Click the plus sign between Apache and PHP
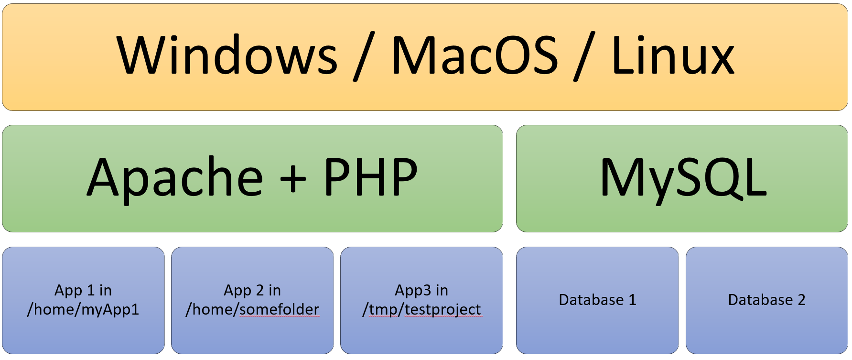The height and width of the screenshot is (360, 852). pyautogui.click(x=293, y=180)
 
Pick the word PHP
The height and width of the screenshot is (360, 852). pyautogui.click(x=371, y=177)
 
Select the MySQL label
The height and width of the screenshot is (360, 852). pyautogui.click(x=683, y=178)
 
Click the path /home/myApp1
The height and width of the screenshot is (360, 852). pyautogui.click(x=83, y=310)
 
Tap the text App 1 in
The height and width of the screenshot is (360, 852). pyautogui.click(x=83, y=290)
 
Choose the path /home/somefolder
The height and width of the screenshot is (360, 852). pyautogui.click(x=252, y=310)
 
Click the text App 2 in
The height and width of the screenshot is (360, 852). pyautogui.click(x=252, y=290)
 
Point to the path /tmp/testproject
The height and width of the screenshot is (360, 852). pyautogui.click(x=422, y=310)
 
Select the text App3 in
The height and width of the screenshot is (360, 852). pyautogui.click(x=421, y=290)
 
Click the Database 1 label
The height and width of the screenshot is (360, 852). pyautogui.click(x=597, y=300)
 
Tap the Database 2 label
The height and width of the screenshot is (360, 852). pyautogui.click(x=766, y=300)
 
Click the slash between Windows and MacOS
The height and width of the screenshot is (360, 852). pyautogui.click(x=365, y=56)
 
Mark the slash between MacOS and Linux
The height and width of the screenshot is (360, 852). pyautogui.click(x=585, y=56)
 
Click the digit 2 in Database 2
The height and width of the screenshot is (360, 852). pyautogui.click(x=801, y=300)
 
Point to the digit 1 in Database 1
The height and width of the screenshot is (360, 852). pyautogui.click(x=632, y=300)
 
